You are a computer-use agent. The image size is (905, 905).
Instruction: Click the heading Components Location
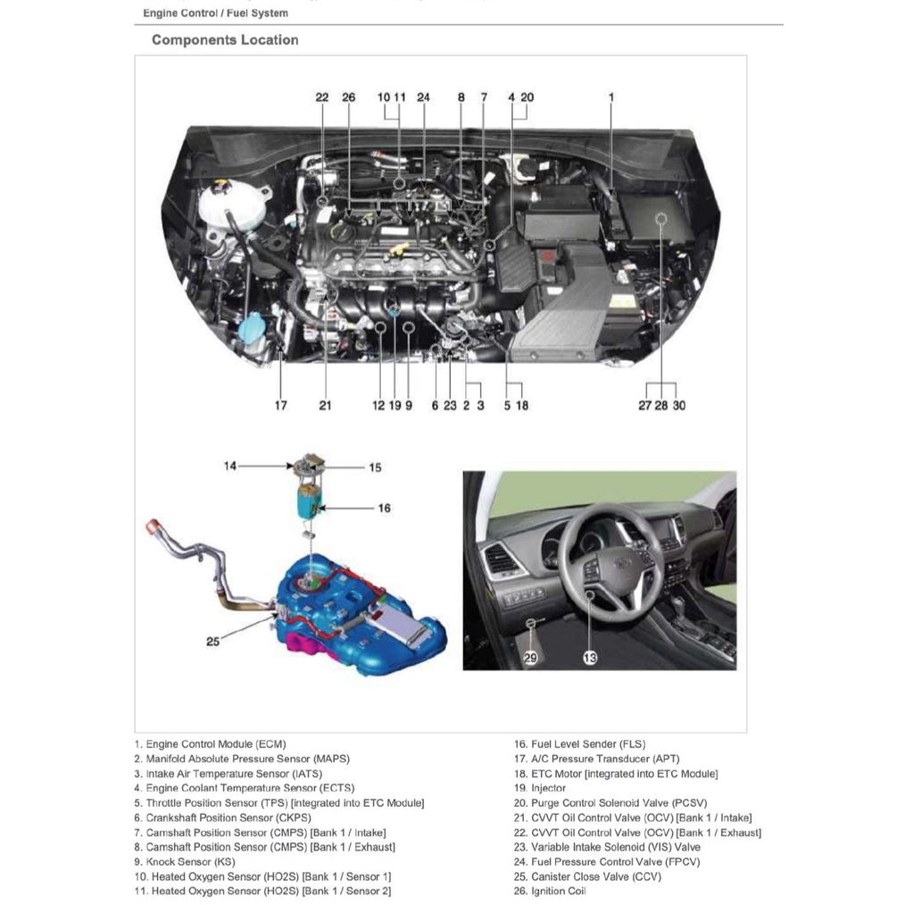225,40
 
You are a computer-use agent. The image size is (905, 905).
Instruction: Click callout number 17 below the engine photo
281,405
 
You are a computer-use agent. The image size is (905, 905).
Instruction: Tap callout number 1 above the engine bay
611,96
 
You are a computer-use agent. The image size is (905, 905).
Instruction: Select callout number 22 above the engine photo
322,96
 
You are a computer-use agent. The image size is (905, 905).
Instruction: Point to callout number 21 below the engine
325,405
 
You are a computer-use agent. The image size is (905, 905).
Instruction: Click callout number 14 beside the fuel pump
231,465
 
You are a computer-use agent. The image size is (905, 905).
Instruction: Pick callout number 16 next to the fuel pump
384,508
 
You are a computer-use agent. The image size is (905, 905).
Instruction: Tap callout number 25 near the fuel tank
212,641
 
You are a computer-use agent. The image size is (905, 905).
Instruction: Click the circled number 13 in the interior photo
590,658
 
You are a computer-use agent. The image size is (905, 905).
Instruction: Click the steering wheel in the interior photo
611,562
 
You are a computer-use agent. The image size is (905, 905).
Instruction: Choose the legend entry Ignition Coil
557,891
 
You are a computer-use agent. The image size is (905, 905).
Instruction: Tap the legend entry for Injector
548,788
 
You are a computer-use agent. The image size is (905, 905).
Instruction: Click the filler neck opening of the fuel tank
154,524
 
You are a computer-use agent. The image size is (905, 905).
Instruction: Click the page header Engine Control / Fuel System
215,13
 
